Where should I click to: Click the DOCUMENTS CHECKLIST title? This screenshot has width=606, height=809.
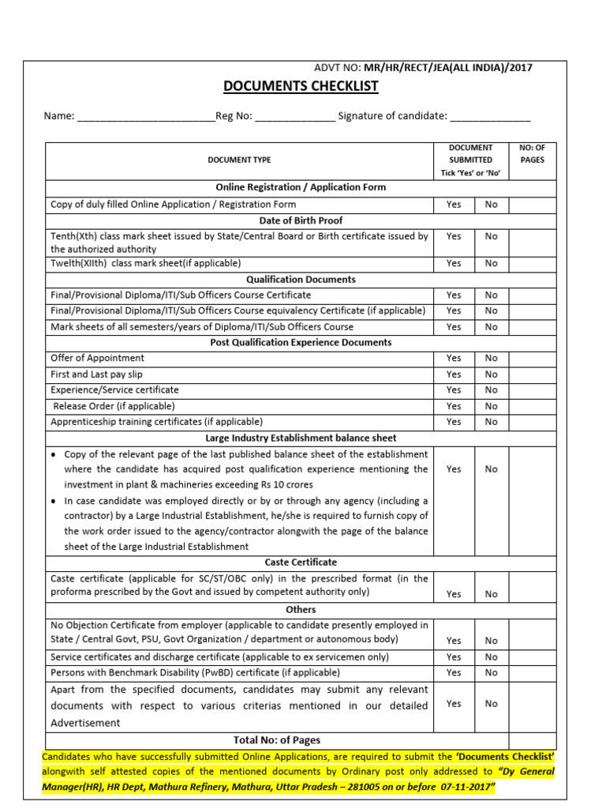[x=301, y=86]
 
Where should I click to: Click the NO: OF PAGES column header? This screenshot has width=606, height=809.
[x=532, y=153]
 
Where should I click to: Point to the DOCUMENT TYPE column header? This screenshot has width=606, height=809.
[x=239, y=160]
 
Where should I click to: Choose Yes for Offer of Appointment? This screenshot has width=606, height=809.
[x=454, y=358]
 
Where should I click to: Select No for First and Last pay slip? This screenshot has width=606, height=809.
[x=492, y=374]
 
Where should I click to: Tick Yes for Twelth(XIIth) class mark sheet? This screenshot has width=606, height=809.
[x=454, y=263]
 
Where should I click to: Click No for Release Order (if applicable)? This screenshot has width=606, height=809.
[x=492, y=406]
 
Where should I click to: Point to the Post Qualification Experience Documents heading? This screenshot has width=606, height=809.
[x=301, y=342]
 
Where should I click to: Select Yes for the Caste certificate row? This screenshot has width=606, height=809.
[x=454, y=594]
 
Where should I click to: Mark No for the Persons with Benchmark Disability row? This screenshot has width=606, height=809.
[x=492, y=673]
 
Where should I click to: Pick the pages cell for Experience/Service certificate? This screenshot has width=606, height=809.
[x=532, y=390]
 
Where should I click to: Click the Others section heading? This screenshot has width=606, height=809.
[x=301, y=610]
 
